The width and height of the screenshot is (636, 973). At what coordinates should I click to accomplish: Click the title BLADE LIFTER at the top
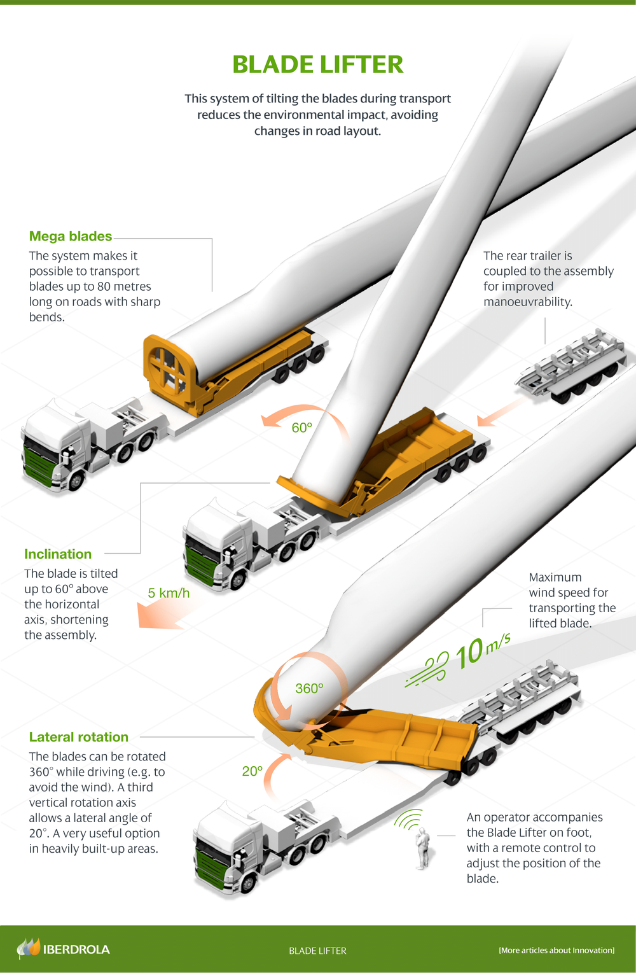tap(317, 64)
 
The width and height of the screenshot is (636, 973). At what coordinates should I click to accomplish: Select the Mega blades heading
tap(71, 236)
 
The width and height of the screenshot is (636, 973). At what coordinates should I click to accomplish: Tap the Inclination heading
tap(58, 554)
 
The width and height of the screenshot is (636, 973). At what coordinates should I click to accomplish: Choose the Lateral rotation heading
tap(79, 737)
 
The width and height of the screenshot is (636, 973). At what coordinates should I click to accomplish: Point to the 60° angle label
tap(301, 428)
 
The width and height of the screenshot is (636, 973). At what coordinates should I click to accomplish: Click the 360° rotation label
tap(309, 689)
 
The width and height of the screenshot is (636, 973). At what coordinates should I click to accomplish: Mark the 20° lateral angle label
tap(252, 771)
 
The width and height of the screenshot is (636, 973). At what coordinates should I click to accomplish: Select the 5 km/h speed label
tap(169, 593)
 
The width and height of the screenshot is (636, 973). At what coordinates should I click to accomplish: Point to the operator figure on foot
tap(422, 848)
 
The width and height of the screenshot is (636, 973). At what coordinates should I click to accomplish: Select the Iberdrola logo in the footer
tap(63, 949)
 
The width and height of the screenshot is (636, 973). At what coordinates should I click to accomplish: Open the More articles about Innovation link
tap(556, 950)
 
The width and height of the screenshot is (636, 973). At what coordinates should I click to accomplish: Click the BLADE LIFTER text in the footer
tap(317, 951)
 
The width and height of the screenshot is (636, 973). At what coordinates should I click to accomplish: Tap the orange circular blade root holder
tap(168, 370)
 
